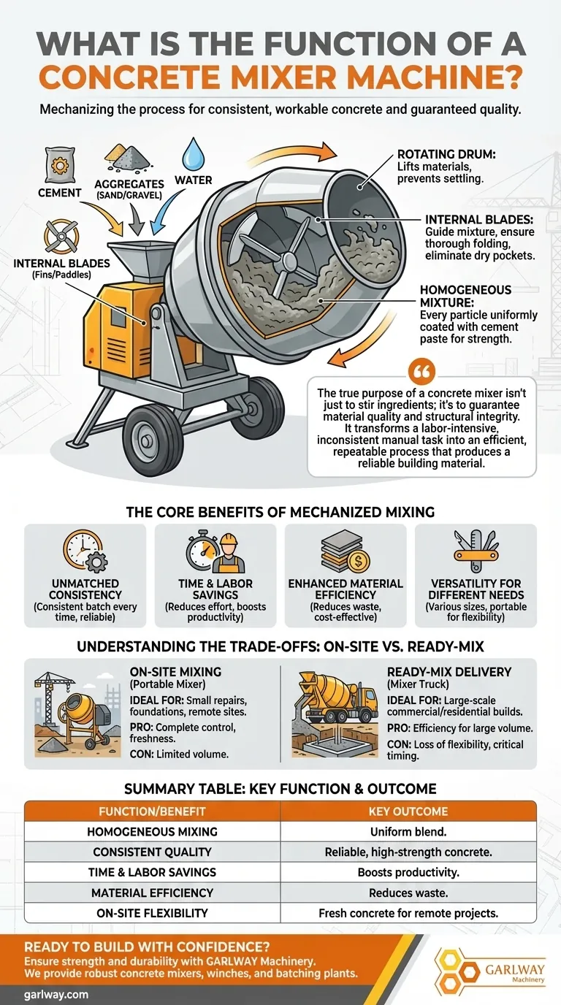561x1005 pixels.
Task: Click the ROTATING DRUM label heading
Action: pyautogui.click(x=446, y=154)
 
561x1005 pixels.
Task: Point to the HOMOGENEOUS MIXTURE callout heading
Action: pyautogui.click(x=465, y=296)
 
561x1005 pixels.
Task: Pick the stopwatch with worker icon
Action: pyautogui.click(x=215, y=551)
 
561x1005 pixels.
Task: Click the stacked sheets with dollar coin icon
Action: pyautogui.click(x=345, y=552)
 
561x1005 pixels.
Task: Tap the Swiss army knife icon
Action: pyautogui.click(x=476, y=551)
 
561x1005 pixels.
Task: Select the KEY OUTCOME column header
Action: pyautogui.click(x=408, y=811)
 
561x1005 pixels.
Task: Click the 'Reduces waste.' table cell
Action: pyautogui.click(x=408, y=893)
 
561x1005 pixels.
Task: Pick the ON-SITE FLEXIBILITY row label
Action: pyautogui.click(x=152, y=913)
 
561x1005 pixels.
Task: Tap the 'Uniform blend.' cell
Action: pyautogui.click(x=408, y=832)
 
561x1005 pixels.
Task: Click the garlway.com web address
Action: pyautogui.click(x=56, y=995)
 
